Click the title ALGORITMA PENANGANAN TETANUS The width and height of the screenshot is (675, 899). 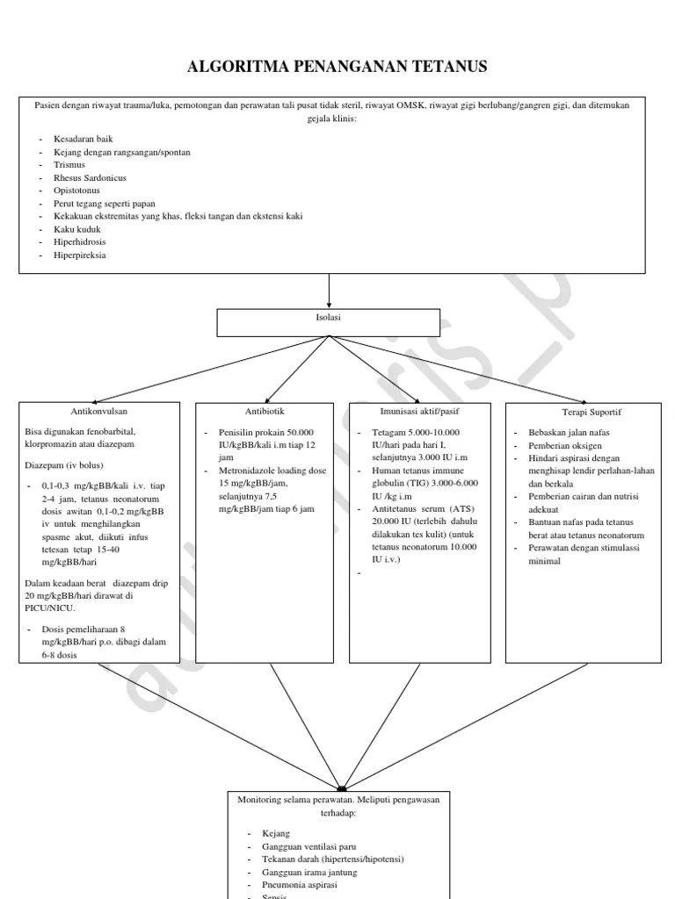(x=338, y=67)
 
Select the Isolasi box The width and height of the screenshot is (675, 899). (x=330, y=322)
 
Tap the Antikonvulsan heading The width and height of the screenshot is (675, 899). (x=99, y=411)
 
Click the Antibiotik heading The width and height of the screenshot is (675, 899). (x=265, y=411)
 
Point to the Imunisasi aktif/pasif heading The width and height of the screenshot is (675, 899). (x=419, y=411)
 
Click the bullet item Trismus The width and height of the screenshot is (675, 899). (x=69, y=164)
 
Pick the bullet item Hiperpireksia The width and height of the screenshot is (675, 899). (x=80, y=254)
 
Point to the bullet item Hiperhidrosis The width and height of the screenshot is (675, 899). (x=79, y=241)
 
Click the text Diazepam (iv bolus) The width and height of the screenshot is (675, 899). (x=67, y=465)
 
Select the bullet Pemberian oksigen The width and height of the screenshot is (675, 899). (x=565, y=446)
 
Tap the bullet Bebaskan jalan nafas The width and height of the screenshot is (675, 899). (x=569, y=433)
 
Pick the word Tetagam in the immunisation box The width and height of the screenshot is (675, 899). (x=388, y=433)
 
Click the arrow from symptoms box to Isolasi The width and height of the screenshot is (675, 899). (x=330, y=290)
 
